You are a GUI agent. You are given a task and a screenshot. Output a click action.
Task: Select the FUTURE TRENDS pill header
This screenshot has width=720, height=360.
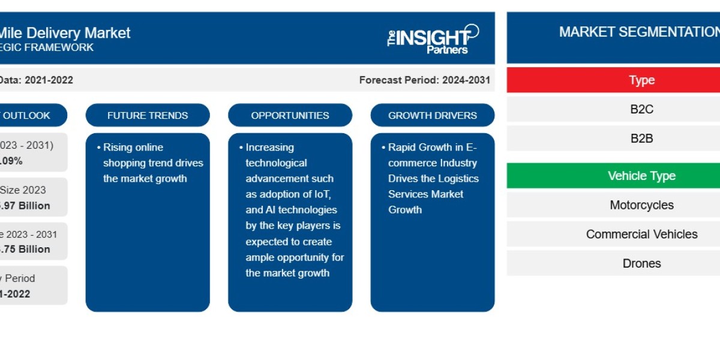pos(148,115)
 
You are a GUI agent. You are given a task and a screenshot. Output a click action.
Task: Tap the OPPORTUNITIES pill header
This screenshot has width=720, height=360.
pos(290,115)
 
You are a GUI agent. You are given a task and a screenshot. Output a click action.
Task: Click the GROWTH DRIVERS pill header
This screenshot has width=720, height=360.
pos(433,115)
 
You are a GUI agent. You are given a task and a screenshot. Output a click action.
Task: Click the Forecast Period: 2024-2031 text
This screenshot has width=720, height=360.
pos(424,80)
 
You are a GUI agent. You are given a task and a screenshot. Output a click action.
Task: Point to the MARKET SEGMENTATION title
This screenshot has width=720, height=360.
pos(638,32)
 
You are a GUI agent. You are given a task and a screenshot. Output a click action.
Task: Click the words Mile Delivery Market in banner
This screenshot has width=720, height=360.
pos(65,32)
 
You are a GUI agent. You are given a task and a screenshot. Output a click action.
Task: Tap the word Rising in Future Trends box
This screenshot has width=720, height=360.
pos(117,147)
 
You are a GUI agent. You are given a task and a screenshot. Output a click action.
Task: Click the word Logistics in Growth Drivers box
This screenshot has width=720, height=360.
pos(461,178)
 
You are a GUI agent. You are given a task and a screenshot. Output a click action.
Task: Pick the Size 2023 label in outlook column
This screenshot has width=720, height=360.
pos(23,190)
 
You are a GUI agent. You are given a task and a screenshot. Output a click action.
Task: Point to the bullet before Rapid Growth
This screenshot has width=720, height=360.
pos(383,147)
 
